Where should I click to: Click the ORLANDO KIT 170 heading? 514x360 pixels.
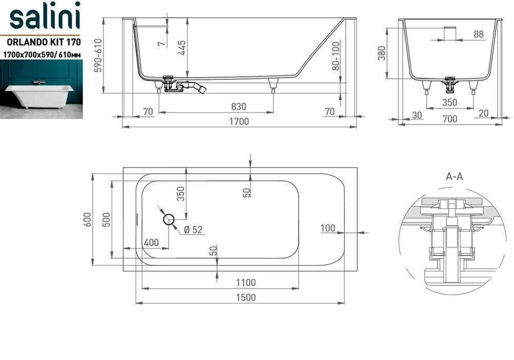click(44, 42)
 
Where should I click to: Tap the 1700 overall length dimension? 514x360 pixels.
click(239, 121)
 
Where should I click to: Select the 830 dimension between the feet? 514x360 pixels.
click(238, 106)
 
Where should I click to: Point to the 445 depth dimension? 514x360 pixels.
click(182, 47)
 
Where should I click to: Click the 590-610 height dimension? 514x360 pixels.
click(98, 56)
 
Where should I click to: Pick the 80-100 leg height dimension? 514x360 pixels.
click(336, 56)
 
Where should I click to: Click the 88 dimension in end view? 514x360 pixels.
click(479, 34)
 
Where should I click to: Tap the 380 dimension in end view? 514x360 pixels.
click(382, 53)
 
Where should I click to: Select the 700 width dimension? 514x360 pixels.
click(450, 119)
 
